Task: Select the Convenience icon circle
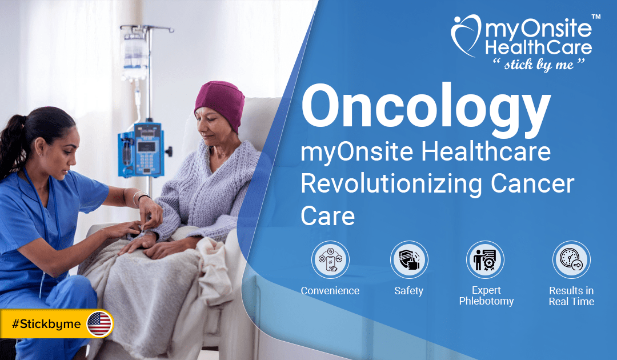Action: [x=331, y=259]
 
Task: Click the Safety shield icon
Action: [x=409, y=259]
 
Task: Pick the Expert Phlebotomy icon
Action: [x=485, y=259]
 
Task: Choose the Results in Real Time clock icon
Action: [x=571, y=259]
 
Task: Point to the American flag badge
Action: [x=99, y=324]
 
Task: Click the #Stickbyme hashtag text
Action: [x=46, y=324]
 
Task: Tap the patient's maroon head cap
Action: [x=221, y=103]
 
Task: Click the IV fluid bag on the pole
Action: [x=135, y=55]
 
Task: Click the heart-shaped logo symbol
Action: [x=466, y=35]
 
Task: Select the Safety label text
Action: [x=409, y=291]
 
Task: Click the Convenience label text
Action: [x=330, y=291]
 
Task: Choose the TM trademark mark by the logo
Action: [x=596, y=17]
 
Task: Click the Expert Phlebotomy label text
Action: [x=486, y=295]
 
